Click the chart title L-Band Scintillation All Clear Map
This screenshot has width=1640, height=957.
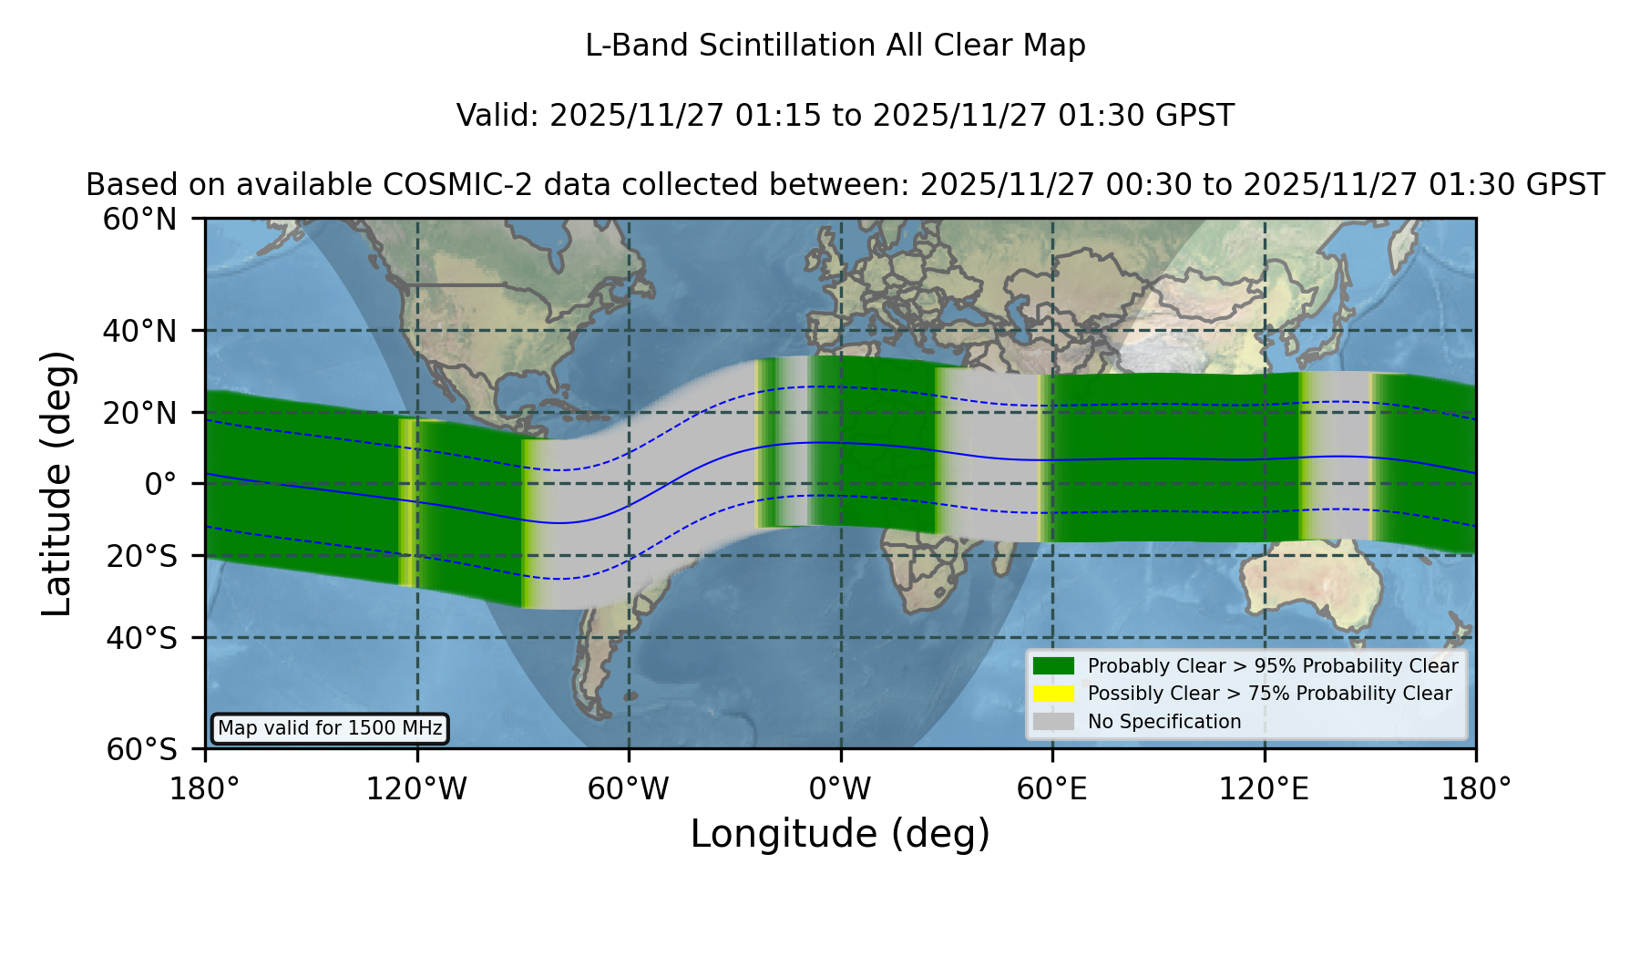835,46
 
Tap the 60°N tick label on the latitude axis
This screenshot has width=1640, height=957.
139,220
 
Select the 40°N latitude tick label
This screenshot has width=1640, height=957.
139,331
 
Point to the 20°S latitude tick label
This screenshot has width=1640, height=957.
142,555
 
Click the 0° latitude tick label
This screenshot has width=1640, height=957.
160,484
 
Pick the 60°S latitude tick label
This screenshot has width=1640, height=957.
142,749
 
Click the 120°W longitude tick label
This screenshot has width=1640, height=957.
416,789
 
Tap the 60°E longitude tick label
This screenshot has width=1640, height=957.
1052,789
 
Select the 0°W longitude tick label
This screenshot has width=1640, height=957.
840,789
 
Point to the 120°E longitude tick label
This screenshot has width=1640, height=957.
1264,789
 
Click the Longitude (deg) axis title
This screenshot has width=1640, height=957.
840,834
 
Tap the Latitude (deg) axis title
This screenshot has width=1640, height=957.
57,483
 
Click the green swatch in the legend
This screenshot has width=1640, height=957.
1054,665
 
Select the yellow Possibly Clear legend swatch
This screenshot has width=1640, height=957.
1054,693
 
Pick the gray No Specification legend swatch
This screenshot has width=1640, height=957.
1054,721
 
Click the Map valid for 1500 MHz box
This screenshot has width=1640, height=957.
330,728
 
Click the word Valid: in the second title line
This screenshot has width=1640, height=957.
498,116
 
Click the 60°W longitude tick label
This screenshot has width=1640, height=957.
629,789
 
